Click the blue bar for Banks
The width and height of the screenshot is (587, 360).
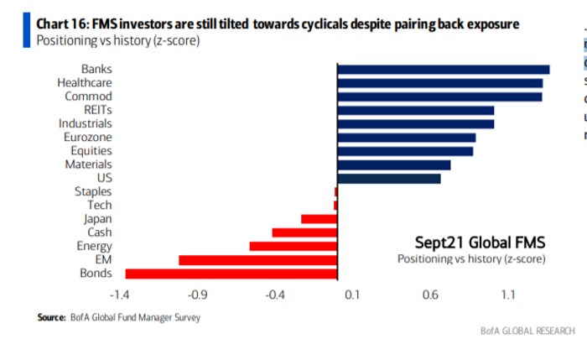443,70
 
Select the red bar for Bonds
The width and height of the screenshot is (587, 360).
231,274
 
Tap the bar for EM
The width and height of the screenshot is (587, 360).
257,260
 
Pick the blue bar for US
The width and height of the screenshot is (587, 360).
388,179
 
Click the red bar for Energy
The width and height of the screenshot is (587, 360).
293,247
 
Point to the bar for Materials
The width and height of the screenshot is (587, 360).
393,164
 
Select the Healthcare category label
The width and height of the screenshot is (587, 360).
84,83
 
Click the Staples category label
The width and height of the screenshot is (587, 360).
93,192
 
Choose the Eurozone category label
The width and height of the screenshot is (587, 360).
87,138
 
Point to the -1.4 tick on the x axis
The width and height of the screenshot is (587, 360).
121,295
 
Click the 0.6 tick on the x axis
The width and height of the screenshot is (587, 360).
429,295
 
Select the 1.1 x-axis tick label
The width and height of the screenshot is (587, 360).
507,295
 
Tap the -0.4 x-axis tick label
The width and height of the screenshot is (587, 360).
275,295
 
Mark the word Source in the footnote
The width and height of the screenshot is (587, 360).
50,318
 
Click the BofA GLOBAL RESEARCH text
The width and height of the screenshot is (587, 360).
527,331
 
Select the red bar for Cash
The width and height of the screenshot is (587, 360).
304,232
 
